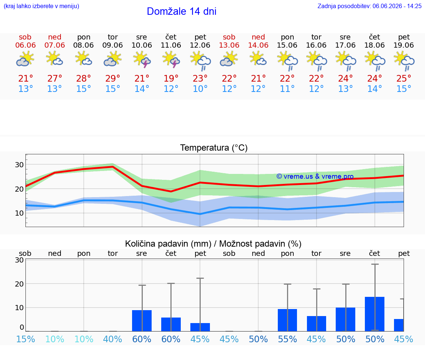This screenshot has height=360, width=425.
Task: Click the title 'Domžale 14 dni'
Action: click(x=182, y=11)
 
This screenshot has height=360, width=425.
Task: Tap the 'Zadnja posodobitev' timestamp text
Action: click(x=369, y=6)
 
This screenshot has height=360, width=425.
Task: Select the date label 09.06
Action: click(x=113, y=45)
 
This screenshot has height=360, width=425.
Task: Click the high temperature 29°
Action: click(x=113, y=78)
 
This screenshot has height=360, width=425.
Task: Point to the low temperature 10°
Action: click(x=200, y=89)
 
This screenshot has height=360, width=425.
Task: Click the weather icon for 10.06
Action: click(x=142, y=60)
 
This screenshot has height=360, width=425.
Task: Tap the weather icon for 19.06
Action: click(x=404, y=61)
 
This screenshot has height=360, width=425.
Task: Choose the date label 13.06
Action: click(x=229, y=45)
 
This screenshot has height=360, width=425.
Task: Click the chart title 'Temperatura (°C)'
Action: click(x=214, y=148)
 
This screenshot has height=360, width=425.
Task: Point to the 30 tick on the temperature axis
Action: click(x=19, y=165)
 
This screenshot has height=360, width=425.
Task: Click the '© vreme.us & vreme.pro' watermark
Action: click(x=315, y=176)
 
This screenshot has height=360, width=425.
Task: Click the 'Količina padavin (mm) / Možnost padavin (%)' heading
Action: click(x=213, y=244)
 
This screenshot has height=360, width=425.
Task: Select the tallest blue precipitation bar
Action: click(x=374, y=314)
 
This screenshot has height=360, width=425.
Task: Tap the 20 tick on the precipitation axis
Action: click(x=19, y=284)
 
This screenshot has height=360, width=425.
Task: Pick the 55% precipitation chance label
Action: click(x=287, y=339)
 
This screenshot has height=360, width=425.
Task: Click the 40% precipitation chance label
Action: click(x=113, y=339)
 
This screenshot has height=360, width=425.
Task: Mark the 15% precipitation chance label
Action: click(x=25, y=339)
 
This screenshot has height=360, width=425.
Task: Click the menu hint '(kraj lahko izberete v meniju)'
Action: click(x=41, y=6)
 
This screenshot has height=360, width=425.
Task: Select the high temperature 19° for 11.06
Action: click(x=171, y=78)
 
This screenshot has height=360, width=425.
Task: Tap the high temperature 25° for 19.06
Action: click(x=404, y=78)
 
